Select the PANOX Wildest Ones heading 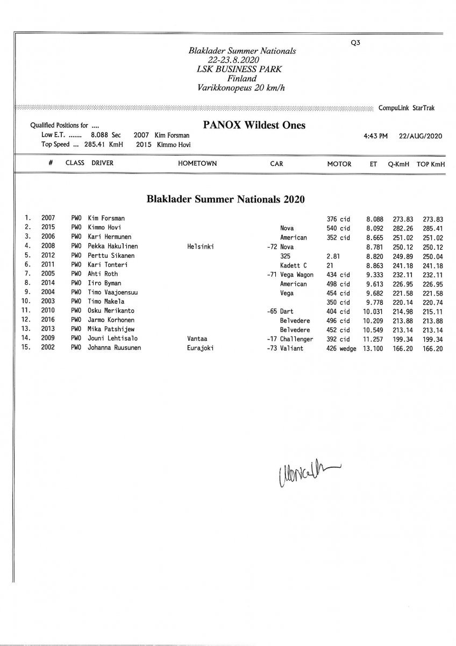coord(254,125)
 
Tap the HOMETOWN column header coord(197,163)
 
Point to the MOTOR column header coord(339,163)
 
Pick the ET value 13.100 coord(374,348)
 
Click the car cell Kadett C coord(294,265)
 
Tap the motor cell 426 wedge coord(341,348)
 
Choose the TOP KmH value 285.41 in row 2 coord(432,228)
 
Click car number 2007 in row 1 coord(48,219)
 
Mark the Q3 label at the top coord(355,45)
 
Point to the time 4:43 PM coord(375,136)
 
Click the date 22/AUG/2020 coord(421,136)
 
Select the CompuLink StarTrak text coord(407,108)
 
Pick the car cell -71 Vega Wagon coord(290,274)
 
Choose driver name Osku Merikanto coord(111,311)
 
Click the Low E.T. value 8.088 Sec coord(105,136)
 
